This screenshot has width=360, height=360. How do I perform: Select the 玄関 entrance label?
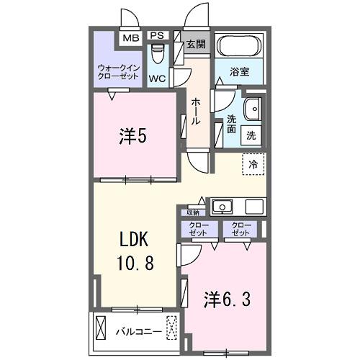[x=196, y=44]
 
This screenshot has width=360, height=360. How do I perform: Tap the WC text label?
[x=158, y=78]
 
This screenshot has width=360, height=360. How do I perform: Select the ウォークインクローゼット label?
[x=118, y=73]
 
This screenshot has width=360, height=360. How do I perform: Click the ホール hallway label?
[x=196, y=112]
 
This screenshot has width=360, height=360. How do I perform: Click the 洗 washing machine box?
[x=252, y=134]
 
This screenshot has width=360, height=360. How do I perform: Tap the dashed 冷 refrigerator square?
[x=253, y=164]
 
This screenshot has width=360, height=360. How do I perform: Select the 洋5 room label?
[x=133, y=136]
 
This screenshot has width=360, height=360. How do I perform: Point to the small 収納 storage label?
[x=192, y=212]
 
